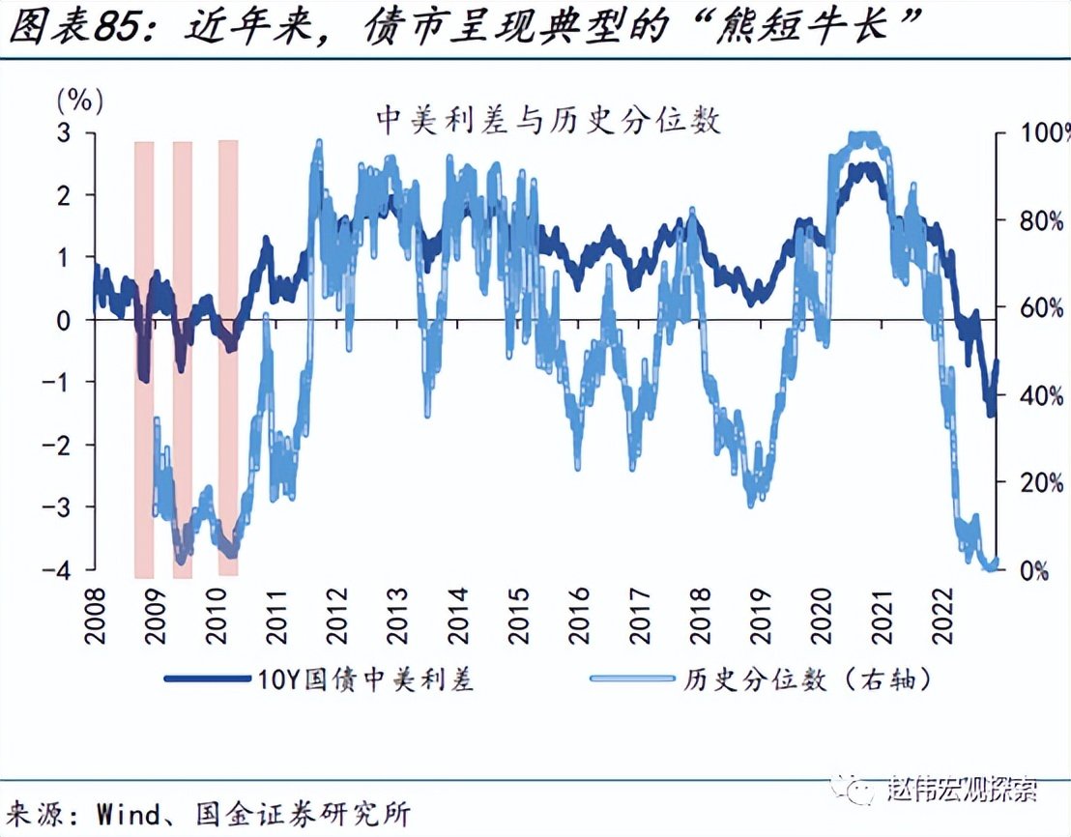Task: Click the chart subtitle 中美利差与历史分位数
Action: click(548, 120)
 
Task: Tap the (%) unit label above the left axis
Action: click(80, 99)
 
